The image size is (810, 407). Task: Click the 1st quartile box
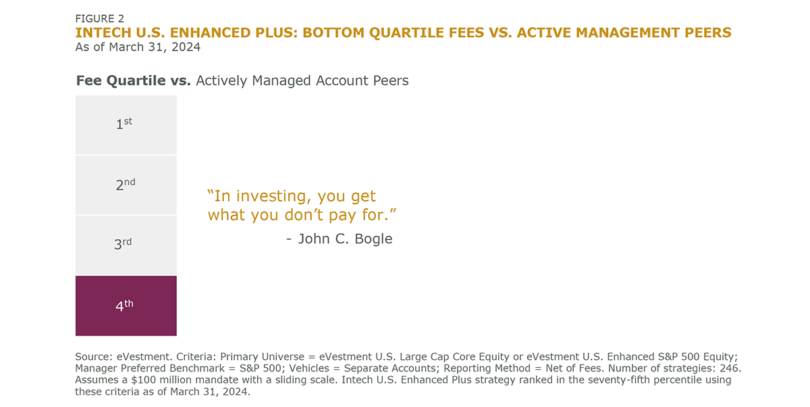[126, 125]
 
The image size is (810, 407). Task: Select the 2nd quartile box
[126, 185]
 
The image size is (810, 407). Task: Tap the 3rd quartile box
[126, 245]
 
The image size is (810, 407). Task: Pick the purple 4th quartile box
[126, 305]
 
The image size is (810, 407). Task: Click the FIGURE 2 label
[100, 19]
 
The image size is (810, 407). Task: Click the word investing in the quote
[263, 197]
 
